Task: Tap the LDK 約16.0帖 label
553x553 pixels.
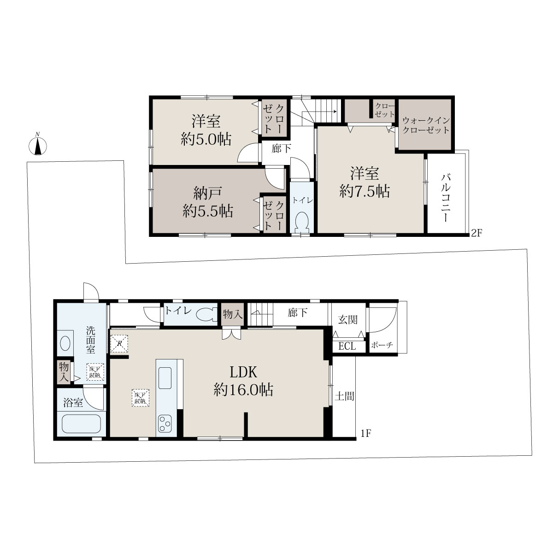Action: click(x=243, y=381)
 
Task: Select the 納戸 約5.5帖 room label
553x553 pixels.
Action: click(x=208, y=202)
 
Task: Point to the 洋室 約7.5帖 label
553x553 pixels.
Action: click(x=365, y=182)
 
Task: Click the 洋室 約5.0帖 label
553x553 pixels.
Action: click(x=206, y=130)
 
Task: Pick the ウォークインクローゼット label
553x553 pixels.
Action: click(x=426, y=125)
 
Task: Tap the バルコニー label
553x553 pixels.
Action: click(x=446, y=197)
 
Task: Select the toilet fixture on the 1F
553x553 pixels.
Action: click(x=206, y=314)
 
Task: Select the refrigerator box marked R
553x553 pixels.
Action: click(x=119, y=343)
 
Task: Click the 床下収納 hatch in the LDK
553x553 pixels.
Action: click(x=141, y=397)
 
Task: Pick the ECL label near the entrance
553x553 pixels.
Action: click(x=347, y=347)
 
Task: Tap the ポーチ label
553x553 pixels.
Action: click(x=382, y=345)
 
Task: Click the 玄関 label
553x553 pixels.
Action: click(x=347, y=320)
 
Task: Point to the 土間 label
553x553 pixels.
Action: click(x=344, y=397)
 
